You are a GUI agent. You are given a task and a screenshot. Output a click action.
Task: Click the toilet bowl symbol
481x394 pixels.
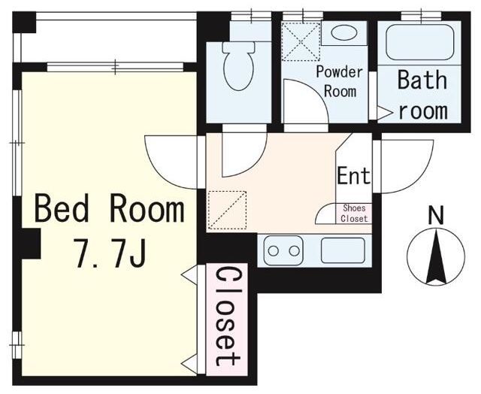pyautogui.click(x=238, y=66)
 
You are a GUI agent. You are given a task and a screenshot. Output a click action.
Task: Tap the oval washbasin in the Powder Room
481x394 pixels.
pyautogui.click(x=344, y=32)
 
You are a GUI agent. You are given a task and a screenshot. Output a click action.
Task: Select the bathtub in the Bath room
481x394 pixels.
pyautogui.click(x=419, y=42)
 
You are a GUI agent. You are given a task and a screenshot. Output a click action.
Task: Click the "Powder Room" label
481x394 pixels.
pyautogui.click(x=340, y=82)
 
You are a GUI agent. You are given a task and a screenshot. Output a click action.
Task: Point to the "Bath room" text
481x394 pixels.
pyautogui.click(x=422, y=95)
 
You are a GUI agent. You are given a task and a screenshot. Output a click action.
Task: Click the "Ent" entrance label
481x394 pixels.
pyautogui.click(x=354, y=175)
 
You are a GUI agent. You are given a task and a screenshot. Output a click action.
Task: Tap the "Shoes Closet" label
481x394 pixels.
pyautogui.click(x=354, y=214)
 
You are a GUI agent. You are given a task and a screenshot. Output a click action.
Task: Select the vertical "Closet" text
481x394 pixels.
pyautogui.click(x=227, y=317)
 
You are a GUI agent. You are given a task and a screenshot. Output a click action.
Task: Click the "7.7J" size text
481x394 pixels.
pyautogui.click(x=110, y=253)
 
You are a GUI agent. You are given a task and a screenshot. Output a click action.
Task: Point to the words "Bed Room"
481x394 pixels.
pyautogui.click(x=110, y=208)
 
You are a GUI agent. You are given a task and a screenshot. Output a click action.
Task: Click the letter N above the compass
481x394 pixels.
pyautogui.click(x=436, y=216)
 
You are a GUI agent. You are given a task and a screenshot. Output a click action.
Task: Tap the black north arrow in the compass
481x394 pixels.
pyautogui.click(x=436, y=257)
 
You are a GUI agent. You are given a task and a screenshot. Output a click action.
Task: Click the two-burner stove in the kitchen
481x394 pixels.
pyautogui.click(x=283, y=250)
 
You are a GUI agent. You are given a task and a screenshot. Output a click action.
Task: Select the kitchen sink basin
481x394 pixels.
pyautogui.click(x=343, y=250)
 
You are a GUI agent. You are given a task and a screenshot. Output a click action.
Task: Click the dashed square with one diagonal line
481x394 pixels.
pyautogui.click(x=227, y=211)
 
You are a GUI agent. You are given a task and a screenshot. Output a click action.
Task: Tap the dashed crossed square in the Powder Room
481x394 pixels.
pyautogui.click(x=301, y=41)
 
